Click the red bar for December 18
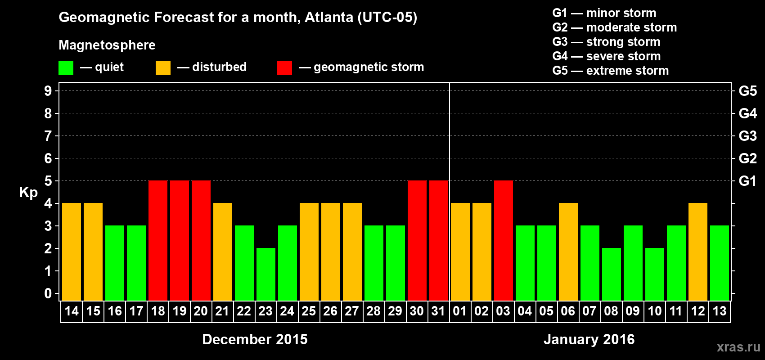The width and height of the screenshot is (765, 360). click(x=158, y=240)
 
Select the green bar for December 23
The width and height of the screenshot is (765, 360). click(x=266, y=274)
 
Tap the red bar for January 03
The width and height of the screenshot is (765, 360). click(x=504, y=240)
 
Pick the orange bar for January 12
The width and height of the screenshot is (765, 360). click(x=698, y=252)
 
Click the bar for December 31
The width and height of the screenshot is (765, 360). click(x=439, y=240)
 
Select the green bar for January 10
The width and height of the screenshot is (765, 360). click(x=655, y=274)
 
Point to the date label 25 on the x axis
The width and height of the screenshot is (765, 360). click(x=309, y=311)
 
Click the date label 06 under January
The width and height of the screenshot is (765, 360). click(x=568, y=311)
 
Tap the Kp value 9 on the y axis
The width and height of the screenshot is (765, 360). click(x=48, y=91)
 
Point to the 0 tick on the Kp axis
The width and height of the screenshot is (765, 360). click(x=48, y=293)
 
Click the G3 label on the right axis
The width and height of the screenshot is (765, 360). click(x=747, y=136)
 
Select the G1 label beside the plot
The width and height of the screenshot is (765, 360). click(x=747, y=181)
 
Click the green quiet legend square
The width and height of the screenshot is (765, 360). click(x=66, y=68)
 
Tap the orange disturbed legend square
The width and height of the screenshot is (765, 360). click(x=163, y=68)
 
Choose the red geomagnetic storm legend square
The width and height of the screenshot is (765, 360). click(x=284, y=68)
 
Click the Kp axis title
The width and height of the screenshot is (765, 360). click(x=28, y=193)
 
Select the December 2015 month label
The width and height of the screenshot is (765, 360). click(x=255, y=339)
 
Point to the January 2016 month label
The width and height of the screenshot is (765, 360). click(x=589, y=339)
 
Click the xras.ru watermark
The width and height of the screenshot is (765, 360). click(x=738, y=347)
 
